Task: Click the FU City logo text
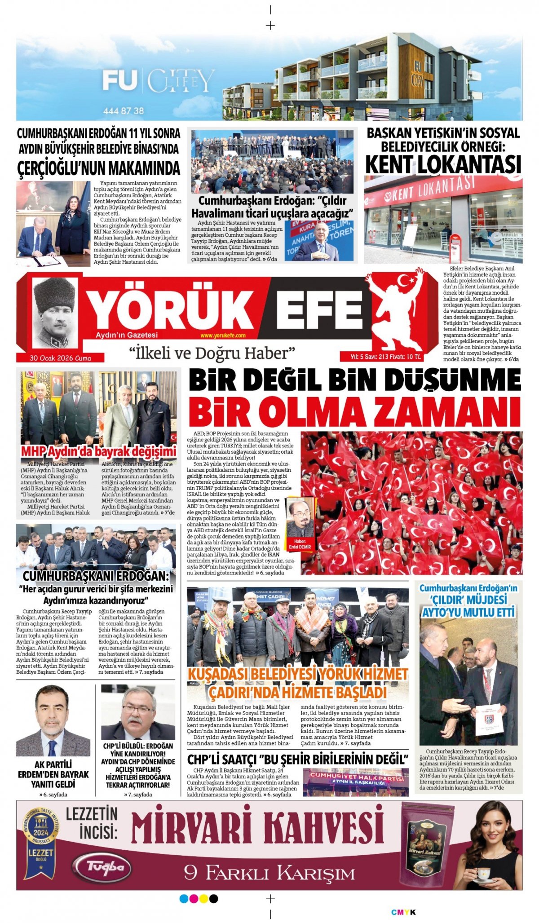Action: tap(157, 81)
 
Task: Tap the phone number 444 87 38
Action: tap(123, 110)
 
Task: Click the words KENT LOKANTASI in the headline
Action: tap(443, 164)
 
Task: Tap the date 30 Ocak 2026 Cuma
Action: tap(60, 358)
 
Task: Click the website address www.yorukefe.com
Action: tap(223, 336)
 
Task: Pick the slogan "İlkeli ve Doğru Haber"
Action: tap(212, 353)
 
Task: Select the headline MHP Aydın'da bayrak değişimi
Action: tap(99, 451)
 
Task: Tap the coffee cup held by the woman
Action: tap(483, 874)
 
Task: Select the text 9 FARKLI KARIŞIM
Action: tap(269, 874)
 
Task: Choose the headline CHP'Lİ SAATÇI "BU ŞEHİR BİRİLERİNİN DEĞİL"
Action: tap(297, 760)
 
